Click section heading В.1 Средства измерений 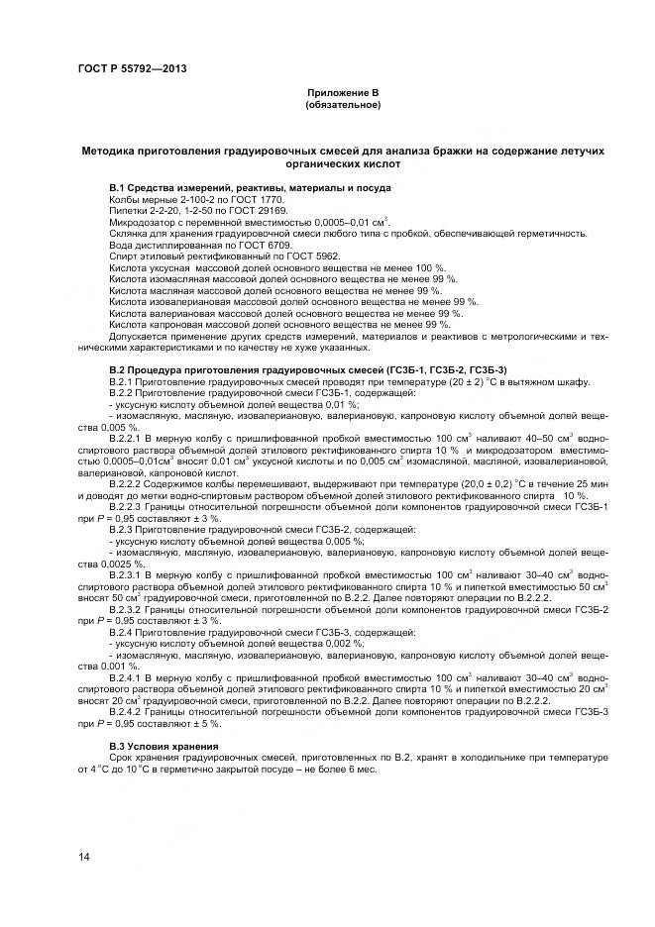coord(249,188)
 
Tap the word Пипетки coord(129,210)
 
